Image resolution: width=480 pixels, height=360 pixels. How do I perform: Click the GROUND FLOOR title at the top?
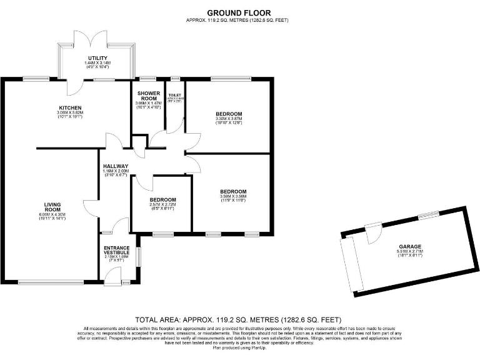coord(239,12)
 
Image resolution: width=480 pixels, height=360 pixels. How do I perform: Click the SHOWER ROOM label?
coord(149,96)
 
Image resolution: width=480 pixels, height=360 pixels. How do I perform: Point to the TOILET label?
coord(175,95)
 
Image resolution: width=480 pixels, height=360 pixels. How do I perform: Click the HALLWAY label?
coord(116,166)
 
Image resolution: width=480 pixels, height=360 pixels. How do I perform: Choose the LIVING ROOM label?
coord(52,207)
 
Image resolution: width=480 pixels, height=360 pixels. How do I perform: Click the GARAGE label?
coord(410,247)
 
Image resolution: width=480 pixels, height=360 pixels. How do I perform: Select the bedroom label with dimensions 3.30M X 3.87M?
coord(228,114)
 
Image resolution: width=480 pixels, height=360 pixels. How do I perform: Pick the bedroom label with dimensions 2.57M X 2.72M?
coord(162,200)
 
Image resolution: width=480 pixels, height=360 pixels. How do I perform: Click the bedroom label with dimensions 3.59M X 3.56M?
coord(233,191)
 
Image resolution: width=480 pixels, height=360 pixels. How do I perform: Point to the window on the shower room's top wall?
coord(148,78)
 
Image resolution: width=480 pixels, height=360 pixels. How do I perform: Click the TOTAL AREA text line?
coord(239,319)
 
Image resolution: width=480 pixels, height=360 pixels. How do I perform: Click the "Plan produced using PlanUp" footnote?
coord(239,347)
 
